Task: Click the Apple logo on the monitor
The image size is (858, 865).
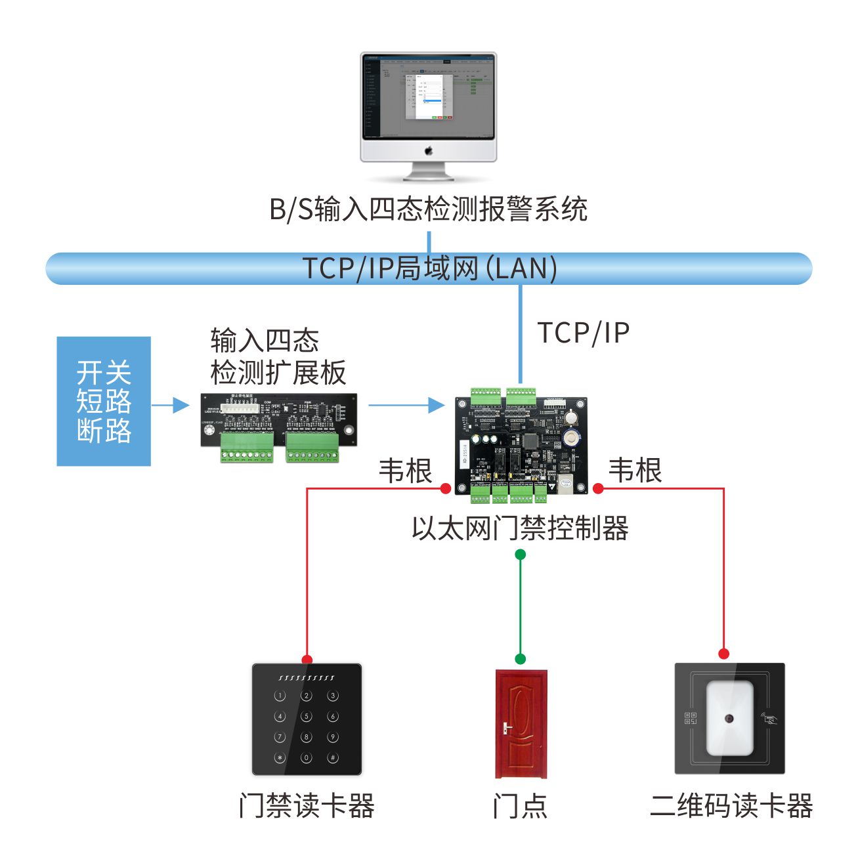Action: [x=429, y=151]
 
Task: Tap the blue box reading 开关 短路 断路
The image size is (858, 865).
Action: [x=104, y=401]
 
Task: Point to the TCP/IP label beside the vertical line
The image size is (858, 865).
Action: [x=584, y=333]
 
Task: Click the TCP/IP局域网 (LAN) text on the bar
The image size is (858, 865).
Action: [x=429, y=268]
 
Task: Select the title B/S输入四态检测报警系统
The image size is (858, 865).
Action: [x=428, y=209]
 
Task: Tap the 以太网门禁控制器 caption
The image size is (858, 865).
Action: [x=520, y=528]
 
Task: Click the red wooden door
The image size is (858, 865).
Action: [x=521, y=723]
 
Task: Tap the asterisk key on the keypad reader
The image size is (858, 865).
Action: [x=280, y=758]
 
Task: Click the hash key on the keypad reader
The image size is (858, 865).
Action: [x=333, y=758]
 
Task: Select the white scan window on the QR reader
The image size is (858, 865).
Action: [x=729, y=718]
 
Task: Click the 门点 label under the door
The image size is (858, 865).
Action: [x=520, y=806]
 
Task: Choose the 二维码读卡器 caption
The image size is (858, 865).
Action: [x=731, y=806]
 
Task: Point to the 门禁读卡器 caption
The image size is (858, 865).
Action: [x=307, y=806]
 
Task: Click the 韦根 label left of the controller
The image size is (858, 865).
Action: [x=405, y=471]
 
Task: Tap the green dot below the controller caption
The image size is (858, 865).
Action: [x=521, y=555]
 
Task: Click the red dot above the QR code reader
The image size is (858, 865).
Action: [x=723, y=654]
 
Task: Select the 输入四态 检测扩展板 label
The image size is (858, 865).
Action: [x=278, y=357]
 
